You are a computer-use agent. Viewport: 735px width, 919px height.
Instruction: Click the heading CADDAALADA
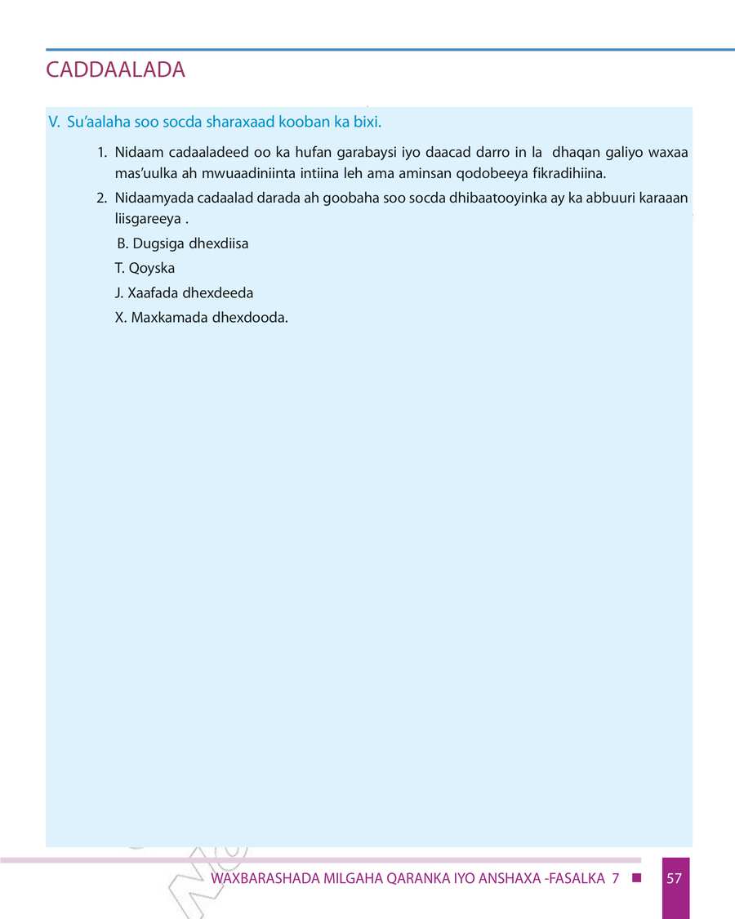(116, 70)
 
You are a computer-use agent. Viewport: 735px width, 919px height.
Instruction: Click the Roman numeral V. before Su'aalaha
(55, 123)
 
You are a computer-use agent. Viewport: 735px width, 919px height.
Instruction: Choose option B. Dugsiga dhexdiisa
(183, 243)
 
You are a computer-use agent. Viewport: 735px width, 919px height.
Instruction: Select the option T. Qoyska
(145, 268)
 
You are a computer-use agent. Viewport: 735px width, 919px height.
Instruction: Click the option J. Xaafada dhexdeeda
(185, 292)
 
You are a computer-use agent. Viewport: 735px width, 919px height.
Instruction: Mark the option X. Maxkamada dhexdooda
(202, 317)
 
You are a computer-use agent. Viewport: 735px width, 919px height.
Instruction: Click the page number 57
(675, 879)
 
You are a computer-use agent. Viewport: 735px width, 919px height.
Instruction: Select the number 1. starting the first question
(103, 153)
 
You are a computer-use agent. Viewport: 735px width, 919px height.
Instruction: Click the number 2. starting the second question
(103, 199)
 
